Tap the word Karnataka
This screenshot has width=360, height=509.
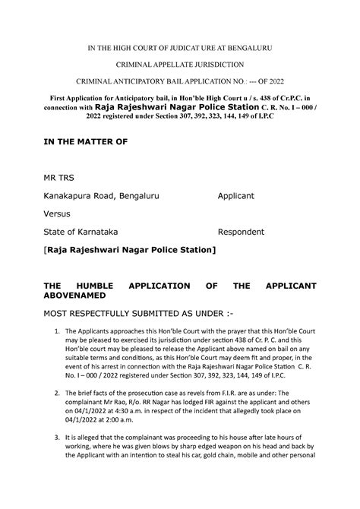(96, 231)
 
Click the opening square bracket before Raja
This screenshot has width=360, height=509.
(46, 249)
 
